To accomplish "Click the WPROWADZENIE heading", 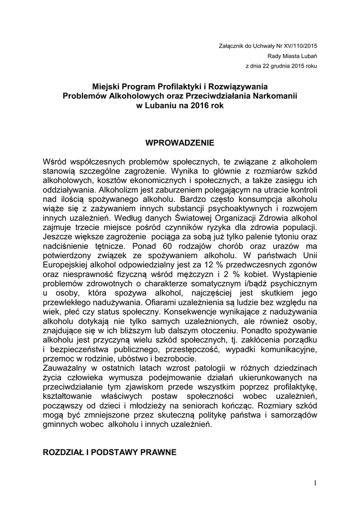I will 180,143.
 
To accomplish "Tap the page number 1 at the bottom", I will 315,483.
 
